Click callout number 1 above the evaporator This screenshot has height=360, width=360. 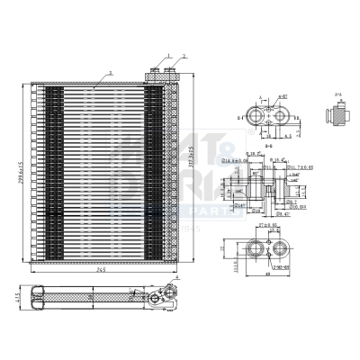pos(167,57)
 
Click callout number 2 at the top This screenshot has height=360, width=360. pos(184,57)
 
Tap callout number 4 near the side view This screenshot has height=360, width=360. pos(178,279)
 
